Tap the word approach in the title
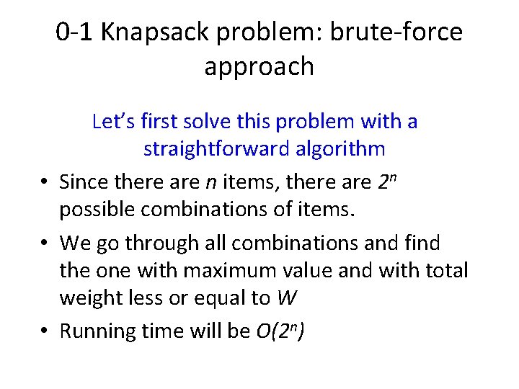tap(259, 66)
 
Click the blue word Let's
tap(111, 121)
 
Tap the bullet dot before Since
tap(45, 182)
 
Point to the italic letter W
tap(285, 298)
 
